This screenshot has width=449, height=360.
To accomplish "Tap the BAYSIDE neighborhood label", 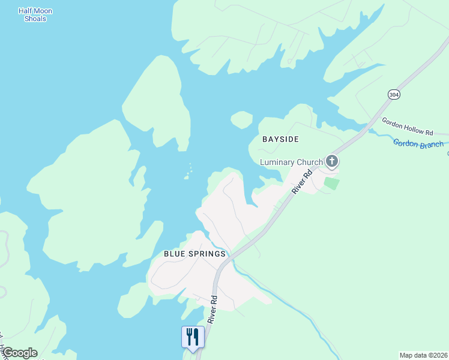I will (x=280, y=139).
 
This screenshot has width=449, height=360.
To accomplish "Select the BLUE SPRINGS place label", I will (x=194, y=254).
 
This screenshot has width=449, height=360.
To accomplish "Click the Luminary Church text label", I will (x=291, y=162).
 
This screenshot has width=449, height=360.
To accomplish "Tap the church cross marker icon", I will (x=331, y=161).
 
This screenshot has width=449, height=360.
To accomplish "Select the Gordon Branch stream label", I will (x=418, y=143).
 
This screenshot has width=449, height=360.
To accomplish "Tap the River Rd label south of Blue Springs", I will (x=212, y=310).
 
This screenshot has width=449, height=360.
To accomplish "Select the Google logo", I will (x=19, y=353).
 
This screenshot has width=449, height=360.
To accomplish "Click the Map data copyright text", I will (x=423, y=355).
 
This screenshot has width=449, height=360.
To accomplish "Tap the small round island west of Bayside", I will (x=241, y=120).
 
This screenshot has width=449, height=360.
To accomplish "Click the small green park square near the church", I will (x=331, y=182).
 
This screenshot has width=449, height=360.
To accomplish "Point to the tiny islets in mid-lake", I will (x=188, y=173).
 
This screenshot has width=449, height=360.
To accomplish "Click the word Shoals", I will (x=35, y=19).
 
